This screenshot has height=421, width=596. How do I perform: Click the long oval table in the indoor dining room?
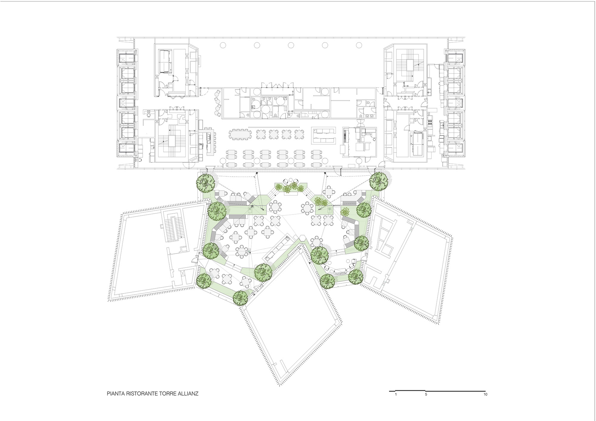240,134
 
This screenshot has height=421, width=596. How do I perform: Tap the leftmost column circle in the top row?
223,45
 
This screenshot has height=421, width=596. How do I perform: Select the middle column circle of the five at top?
291,45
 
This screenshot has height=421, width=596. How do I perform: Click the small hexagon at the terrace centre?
302,238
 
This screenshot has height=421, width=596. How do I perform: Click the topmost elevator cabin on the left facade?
127,58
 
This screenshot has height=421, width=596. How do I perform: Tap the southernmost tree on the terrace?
240,297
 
